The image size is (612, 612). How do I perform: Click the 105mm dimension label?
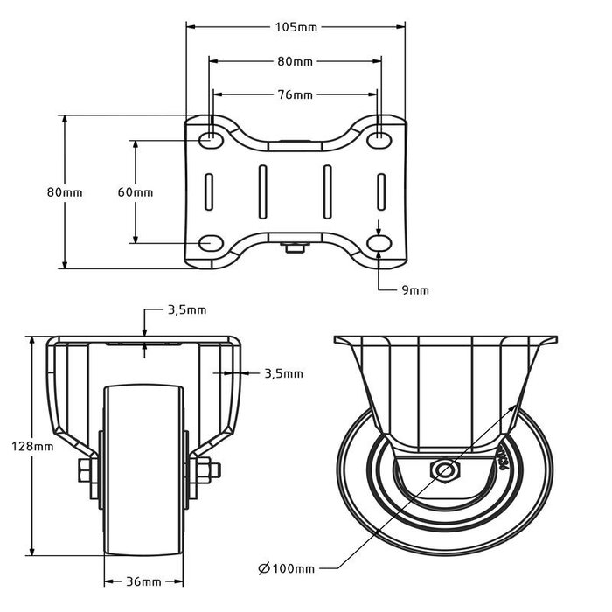tap(296, 27)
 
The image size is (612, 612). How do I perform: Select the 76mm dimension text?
tap(296, 94)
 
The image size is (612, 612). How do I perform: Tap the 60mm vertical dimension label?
tap(136, 191)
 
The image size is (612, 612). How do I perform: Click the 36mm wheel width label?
tap(144, 581)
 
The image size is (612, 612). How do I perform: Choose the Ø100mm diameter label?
tap(287, 569)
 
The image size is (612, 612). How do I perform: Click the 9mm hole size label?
tap(415, 290)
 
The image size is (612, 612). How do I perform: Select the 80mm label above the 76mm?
tap(296, 62)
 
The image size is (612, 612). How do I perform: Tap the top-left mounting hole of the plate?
tap(211, 139)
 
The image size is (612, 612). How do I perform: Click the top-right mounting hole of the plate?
tap(380, 139)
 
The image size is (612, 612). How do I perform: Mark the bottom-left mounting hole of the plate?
tap(211, 242)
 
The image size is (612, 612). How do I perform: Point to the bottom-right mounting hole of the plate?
tap(380, 242)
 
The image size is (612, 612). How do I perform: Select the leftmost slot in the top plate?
tap(210, 191)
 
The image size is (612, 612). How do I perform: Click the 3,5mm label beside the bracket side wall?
tap(283, 374)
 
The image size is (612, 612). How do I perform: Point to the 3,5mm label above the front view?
tap(187, 310)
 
